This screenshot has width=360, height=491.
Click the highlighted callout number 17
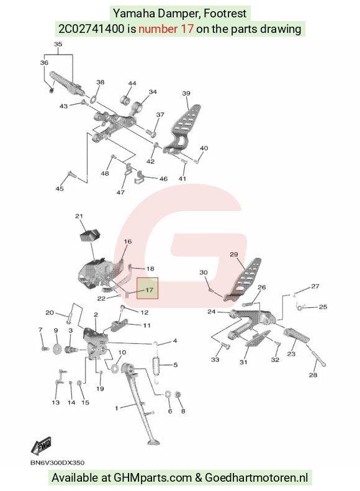[x=150, y=290]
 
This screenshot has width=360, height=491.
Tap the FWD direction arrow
[x=41, y=446]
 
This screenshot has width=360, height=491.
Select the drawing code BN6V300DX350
[x=57, y=462]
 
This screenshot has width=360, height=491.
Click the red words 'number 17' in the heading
[x=166, y=29]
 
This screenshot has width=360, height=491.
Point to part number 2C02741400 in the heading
[x=91, y=29]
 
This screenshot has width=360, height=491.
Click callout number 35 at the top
[x=58, y=44]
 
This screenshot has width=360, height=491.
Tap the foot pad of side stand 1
[x=153, y=442]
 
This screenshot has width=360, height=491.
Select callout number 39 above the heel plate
[x=186, y=93]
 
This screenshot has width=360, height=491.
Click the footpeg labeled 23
[x=296, y=335]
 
